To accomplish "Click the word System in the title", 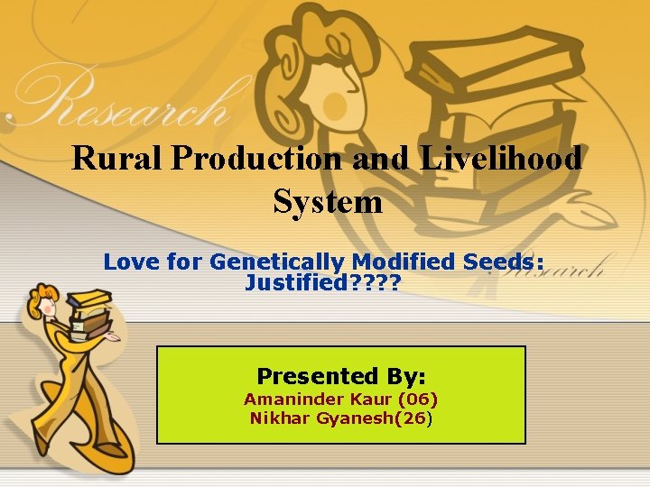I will click(327, 201).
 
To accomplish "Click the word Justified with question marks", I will click(322, 283).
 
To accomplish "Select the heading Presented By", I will click(341, 375).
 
